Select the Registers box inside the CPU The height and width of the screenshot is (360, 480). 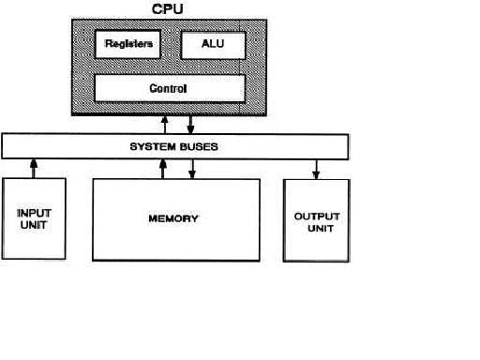[x=127, y=43]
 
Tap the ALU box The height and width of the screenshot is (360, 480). [x=211, y=43]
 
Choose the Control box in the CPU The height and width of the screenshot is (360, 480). [x=169, y=89]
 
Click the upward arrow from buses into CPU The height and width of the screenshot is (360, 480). [x=165, y=124]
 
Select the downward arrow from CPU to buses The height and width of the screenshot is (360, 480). [x=191, y=124]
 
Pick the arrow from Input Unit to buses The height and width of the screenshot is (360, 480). [x=35, y=168]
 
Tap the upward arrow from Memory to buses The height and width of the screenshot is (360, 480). [x=164, y=168]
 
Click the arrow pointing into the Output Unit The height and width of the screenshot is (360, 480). [x=316, y=169]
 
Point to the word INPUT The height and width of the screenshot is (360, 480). [x=35, y=213]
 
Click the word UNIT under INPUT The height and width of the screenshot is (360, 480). [x=35, y=225]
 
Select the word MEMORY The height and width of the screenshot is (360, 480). [x=173, y=218]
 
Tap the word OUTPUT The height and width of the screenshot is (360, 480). [x=317, y=217]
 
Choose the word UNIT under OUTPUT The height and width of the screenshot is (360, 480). [x=317, y=229]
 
